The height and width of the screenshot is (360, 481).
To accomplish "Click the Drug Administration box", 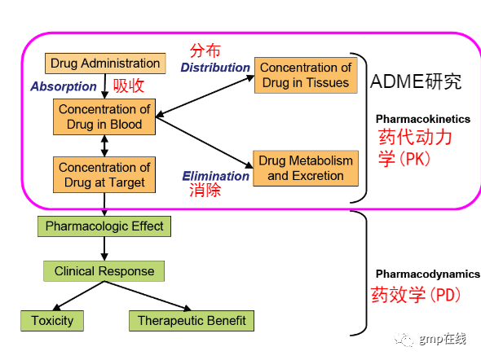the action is (105, 64).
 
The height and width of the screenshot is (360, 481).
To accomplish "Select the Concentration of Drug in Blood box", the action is (104, 116).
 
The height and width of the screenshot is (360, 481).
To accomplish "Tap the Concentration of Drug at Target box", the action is (104, 175).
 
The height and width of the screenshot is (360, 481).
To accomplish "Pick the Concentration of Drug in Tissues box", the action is (306, 75).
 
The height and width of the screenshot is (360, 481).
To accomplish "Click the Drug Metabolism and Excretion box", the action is (306, 169).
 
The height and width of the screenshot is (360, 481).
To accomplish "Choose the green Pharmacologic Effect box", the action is (104, 226).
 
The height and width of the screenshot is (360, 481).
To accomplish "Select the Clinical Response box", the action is (104, 271).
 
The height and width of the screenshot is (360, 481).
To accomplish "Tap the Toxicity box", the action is (52, 321).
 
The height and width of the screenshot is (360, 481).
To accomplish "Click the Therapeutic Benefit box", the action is (192, 321).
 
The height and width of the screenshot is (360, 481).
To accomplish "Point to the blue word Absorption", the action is (64, 86).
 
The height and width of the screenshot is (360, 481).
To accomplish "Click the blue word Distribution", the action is (215, 68).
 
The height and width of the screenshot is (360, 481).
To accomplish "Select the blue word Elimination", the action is (216, 176).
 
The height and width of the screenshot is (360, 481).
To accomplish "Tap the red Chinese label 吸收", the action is (129, 86).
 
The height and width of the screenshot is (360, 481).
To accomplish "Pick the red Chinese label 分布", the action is (205, 50).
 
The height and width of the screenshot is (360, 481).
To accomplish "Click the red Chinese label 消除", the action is (205, 190).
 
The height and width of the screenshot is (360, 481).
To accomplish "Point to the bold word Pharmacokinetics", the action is (423, 119).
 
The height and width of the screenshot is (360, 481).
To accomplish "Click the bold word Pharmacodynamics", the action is (428, 274).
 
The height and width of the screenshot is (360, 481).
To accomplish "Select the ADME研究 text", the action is (416, 81).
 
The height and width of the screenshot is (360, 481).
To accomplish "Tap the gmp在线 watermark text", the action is (443, 339).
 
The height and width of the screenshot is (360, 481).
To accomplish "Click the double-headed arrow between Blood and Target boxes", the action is (104, 146).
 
